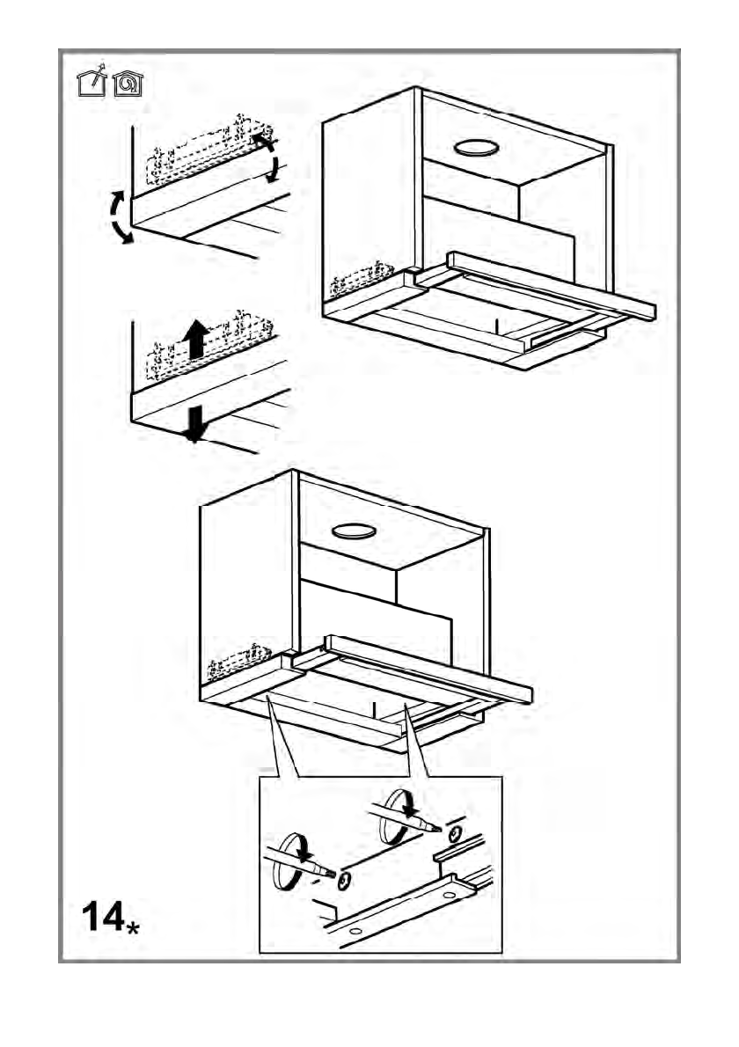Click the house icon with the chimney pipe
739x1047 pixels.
click(92, 82)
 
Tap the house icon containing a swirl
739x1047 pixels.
click(128, 83)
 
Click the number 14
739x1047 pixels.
click(103, 919)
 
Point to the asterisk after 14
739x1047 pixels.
click(134, 927)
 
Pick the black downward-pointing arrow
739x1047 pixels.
click(194, 423)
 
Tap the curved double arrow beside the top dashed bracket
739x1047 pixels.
click(267, 158)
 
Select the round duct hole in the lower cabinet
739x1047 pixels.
click(354, 530)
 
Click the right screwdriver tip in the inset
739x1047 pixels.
click(434, 828)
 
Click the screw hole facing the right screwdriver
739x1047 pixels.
click(455, 832)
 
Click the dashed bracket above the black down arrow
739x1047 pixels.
click(211, 348)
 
